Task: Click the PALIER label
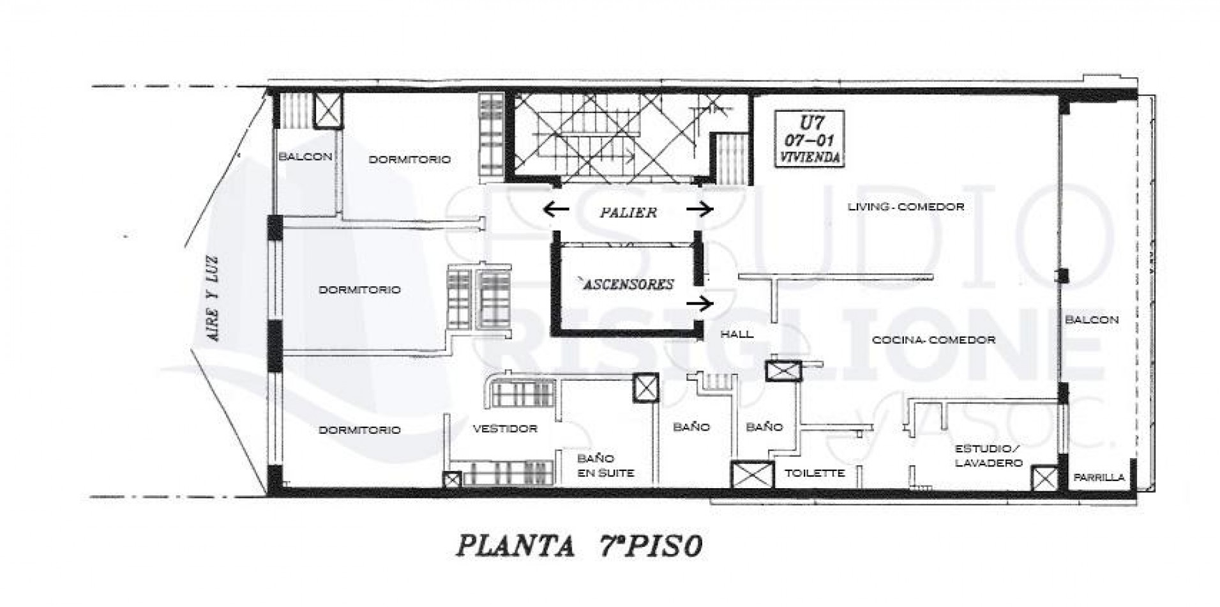point(628,212)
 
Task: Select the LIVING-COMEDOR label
point(905,207)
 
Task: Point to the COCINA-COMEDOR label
point(933,340)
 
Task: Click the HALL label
point(736,334)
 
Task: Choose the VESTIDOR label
point(504,429)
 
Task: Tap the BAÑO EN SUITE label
point(605,466)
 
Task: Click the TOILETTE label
point(815,473)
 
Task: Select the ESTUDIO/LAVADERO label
point(988,456)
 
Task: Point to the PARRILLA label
point(1099,477)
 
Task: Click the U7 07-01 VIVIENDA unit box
point(809,139)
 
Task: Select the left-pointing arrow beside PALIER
point(555,209)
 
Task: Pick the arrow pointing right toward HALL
point(699,304)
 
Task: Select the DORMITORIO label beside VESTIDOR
point(359,430)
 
